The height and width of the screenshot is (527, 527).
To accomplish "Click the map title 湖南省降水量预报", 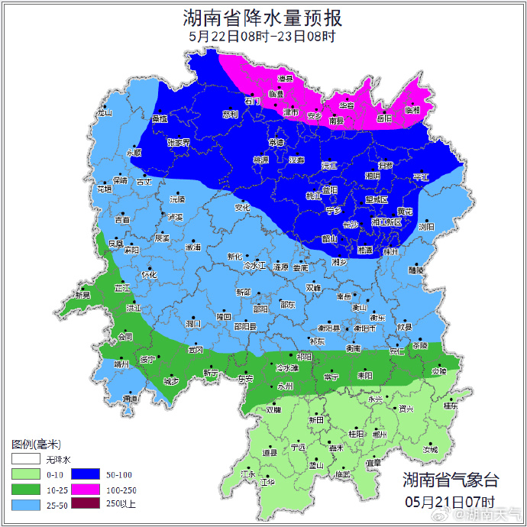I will pyautogui.click(x=263, y=17).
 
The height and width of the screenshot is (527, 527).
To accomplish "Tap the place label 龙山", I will pyautogui.click(x=104, y=114).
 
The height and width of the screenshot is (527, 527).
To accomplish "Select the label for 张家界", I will pyautogui.click(x=178, y=142).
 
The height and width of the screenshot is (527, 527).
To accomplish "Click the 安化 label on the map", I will pyautogui.click(x=242, y=207).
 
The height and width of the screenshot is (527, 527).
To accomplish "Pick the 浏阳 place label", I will pyautogui.click(x=426, y=227).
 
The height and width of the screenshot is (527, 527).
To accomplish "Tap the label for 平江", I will pyautogui.click(x=421, y=177).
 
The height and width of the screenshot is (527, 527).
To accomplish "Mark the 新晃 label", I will pyautogui.click(x=82, y=295).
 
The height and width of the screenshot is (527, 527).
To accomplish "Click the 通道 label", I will pyautogui.click(x=131, y=399).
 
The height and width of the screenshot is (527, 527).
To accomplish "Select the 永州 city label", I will pyautogui.click(x=286, y=386).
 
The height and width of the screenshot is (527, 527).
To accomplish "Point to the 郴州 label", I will pyautogui.click(x=380, y=434).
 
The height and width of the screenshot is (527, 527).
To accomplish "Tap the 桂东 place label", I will pyautogui.click(x=451, y=406).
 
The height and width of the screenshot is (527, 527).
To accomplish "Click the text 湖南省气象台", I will pyautogui.click(x=451, y=480).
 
